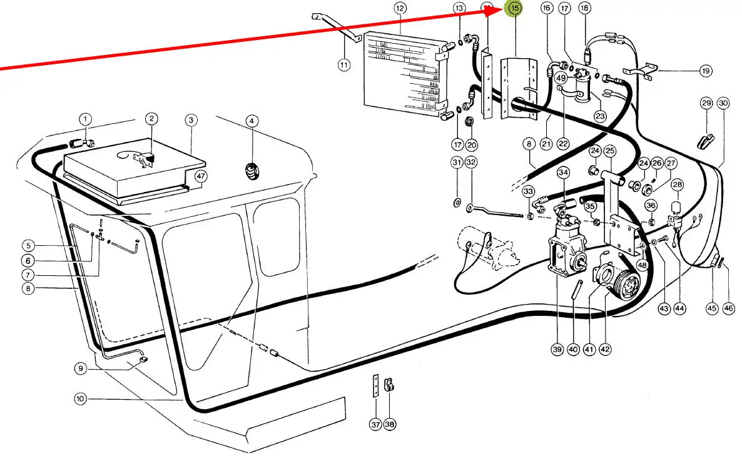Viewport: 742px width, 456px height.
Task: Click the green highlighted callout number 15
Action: (515, 9)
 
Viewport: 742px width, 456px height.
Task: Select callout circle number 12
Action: (400, 9)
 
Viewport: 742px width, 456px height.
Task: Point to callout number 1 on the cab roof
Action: (85, 119)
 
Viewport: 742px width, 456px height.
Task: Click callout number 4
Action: (252, 120)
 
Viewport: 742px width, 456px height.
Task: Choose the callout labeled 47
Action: (200, 176)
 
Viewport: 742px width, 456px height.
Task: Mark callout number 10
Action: (79, 398)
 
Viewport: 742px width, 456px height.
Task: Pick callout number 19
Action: (706, 71)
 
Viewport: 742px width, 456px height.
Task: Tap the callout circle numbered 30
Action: (723, 103)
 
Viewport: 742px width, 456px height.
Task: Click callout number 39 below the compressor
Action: (557, 349)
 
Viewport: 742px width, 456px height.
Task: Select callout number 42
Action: (605, 349)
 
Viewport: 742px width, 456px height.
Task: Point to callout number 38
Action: (390, 424)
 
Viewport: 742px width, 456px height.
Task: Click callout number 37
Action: (375, 424)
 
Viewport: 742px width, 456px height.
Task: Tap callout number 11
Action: (343, 64)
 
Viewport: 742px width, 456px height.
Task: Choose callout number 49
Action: (561, 78)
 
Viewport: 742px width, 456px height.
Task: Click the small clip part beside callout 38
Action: (389, 383)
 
